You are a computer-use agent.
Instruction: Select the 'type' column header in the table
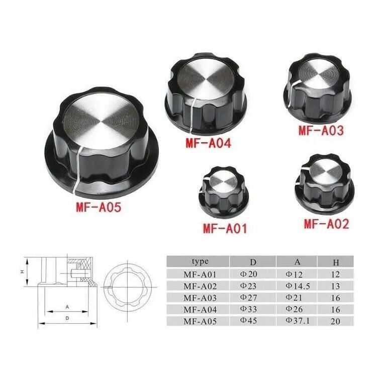click(x=200, y=261)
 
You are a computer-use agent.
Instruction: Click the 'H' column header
click(x=336, y=262)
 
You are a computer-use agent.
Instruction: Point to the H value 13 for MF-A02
click(x=336, y=286)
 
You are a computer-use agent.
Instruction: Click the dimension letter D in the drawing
click(x=67, y=318)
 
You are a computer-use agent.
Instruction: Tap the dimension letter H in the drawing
click(x=22, y=271)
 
